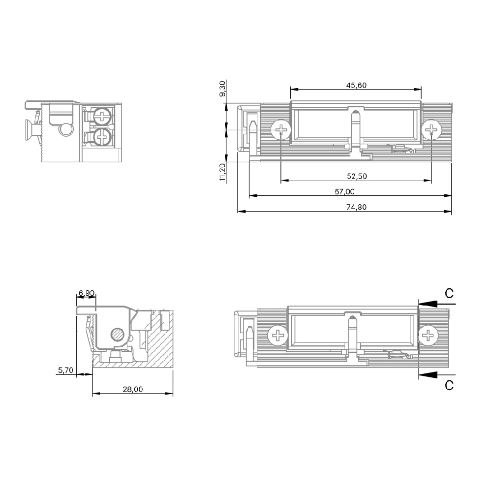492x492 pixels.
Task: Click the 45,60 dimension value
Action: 356,85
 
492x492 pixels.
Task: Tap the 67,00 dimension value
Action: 344,191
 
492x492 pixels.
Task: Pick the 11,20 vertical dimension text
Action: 222,172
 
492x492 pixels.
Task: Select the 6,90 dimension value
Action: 87,293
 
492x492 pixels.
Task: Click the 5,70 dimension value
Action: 65,370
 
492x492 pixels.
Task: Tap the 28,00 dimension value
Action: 133,389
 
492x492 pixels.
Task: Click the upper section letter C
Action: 449,293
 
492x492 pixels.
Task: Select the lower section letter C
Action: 449,385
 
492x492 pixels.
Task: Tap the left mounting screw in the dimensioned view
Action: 281,130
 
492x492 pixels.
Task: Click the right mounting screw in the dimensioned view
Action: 431,130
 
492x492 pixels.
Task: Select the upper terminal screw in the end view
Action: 102,117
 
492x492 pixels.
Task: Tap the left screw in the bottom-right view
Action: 278,337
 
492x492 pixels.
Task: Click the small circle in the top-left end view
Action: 65,129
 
